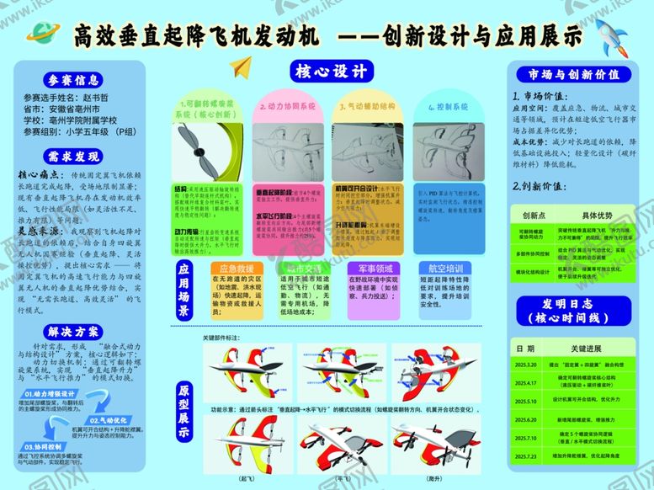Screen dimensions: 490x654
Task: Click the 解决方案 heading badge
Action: click(x=72, y=331)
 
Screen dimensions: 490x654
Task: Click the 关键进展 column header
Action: click(x=589, y=348)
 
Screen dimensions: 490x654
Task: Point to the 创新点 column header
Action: click(x=534, y=216)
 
